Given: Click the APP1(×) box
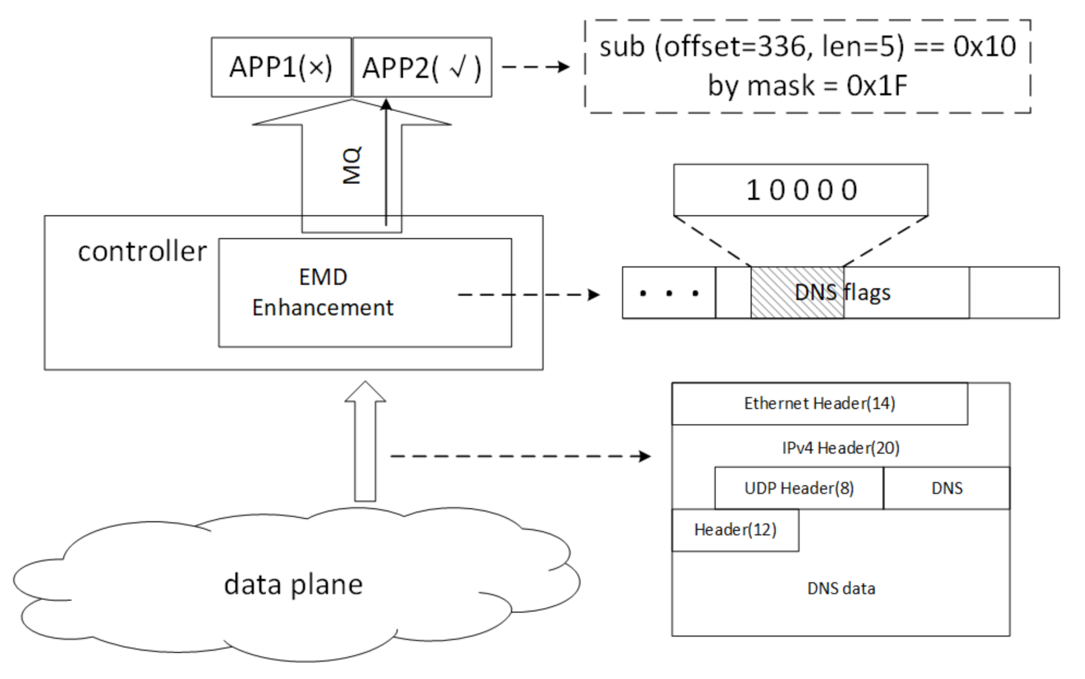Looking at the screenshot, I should [x=281, y=67].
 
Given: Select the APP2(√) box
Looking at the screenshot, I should [x=422, y=68].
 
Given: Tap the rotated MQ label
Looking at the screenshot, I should [x=351, y=165].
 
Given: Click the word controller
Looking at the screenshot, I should [x=142, y=251].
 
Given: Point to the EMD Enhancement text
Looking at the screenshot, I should [x=323, y=292].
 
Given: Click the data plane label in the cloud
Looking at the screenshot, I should [x=293, y=584].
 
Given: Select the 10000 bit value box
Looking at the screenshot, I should [x=800, y=190].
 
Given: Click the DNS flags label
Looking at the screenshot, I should [x=842, y=292].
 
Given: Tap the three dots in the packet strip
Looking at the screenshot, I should [x=669, y=293].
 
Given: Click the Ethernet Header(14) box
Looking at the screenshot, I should [x=819, y=404].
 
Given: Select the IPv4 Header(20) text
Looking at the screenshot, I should [x=840, y=448].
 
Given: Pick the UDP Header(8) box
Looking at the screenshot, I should [x=799, y=488].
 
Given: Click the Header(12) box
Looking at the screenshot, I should [x=735, y=530].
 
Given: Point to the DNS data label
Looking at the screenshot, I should [x=840, y=589].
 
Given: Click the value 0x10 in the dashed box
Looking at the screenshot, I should [x=984, y=46].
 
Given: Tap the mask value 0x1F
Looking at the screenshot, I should [x=876, y=86].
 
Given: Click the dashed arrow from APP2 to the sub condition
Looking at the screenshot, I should [x=536, y=67].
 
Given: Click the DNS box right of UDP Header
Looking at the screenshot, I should [x=946, y=488].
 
